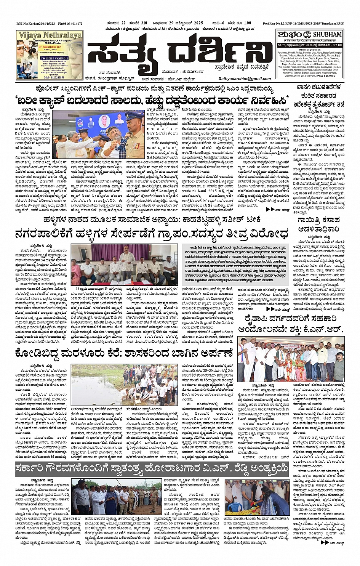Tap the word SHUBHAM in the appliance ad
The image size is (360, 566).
(x=327, y=34)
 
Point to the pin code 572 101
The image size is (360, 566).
(x=336, y=45)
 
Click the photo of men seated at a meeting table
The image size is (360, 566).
(x=124, y=265)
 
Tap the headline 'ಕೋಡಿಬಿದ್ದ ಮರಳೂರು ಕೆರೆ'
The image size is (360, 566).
(x=124, y=353)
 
